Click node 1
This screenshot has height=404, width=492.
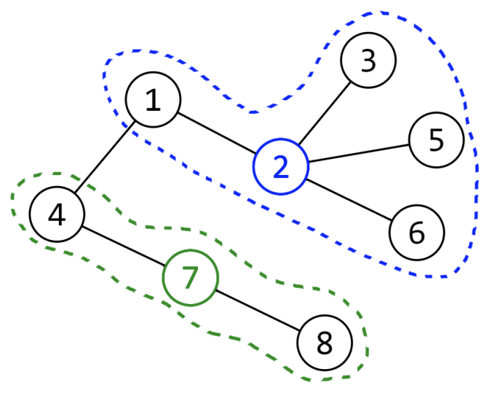[x=154, y=101]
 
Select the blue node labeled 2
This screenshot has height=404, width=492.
[x=281, y=167]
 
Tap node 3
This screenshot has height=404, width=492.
[x=368, y=61]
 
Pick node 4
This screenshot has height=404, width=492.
[x=57, y=214]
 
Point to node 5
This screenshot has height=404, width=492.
[x=436, y=140]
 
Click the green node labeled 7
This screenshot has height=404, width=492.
[x=190, y=278]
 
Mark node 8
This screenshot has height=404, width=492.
[x=324, y=343]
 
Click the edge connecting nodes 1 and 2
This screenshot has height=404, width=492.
[x=217, y=134]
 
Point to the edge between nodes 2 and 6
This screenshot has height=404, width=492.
[x=349, y=199]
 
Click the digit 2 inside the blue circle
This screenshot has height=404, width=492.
[x=281, y=167]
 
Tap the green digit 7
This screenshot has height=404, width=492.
[x=190, y=278]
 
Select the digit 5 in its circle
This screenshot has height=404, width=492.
[x=436, y=140]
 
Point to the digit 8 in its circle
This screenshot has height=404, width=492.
[x=324, y=343]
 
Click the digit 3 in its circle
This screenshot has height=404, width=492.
[x=368, y=61]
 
